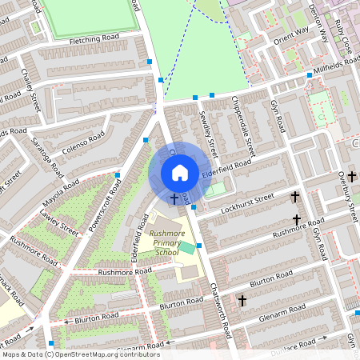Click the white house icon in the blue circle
(180, 173)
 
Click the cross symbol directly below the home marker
(174, 197)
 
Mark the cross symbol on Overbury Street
(351, 175)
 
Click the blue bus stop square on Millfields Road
(310, 76)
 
